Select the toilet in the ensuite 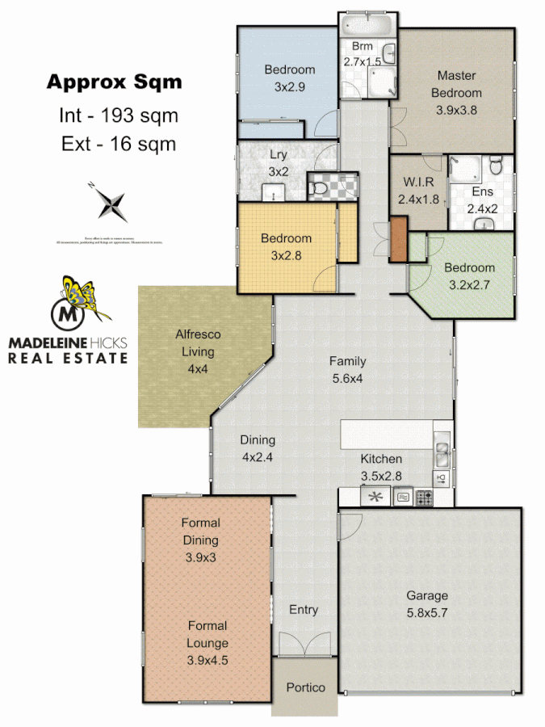[498, 166]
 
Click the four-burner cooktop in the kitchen [425, 498]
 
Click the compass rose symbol [112, 202]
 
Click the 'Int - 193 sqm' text [118, 116]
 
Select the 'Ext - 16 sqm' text [118, 145]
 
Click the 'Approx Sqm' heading [114, 82]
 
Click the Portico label [306, 687]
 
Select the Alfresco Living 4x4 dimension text [198, 369]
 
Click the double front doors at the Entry [304, 645]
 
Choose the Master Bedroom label [458, 84]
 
